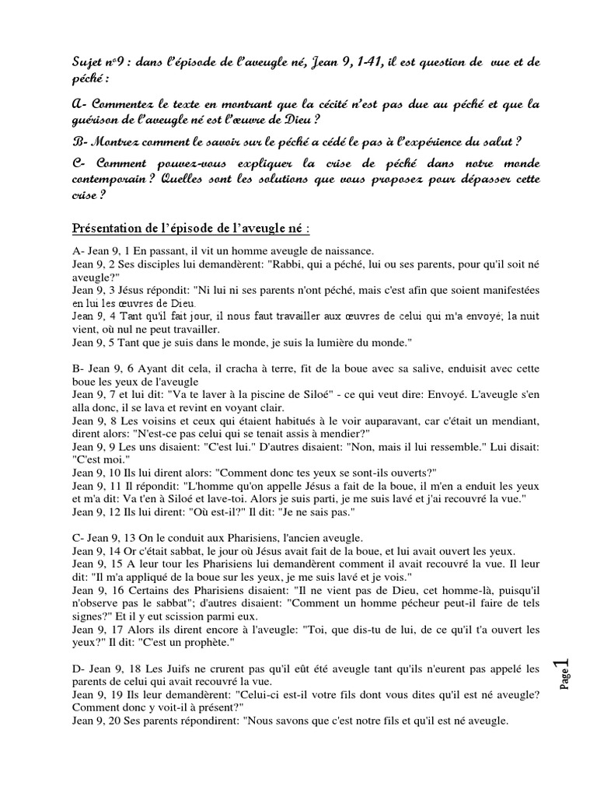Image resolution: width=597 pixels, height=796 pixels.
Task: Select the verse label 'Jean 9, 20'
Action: tap(98, 720)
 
